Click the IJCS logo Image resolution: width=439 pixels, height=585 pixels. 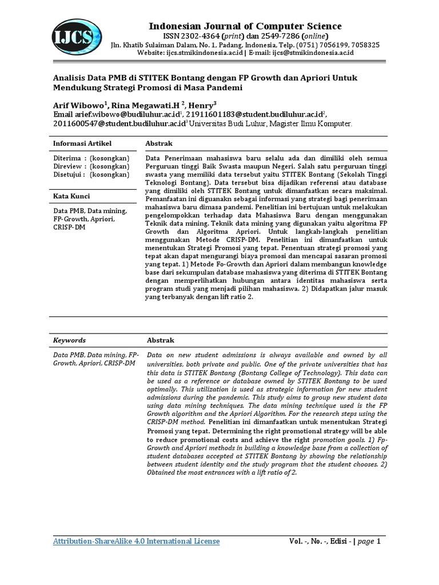coord(74,38)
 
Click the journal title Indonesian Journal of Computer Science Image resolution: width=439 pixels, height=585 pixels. coord(245,26)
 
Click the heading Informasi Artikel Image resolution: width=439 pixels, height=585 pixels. coord(82,143)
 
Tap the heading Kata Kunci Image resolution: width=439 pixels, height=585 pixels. coord(73,196)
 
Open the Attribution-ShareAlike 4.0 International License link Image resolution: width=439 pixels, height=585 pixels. coord(136,541)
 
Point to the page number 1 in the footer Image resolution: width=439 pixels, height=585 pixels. coord(378,542)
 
